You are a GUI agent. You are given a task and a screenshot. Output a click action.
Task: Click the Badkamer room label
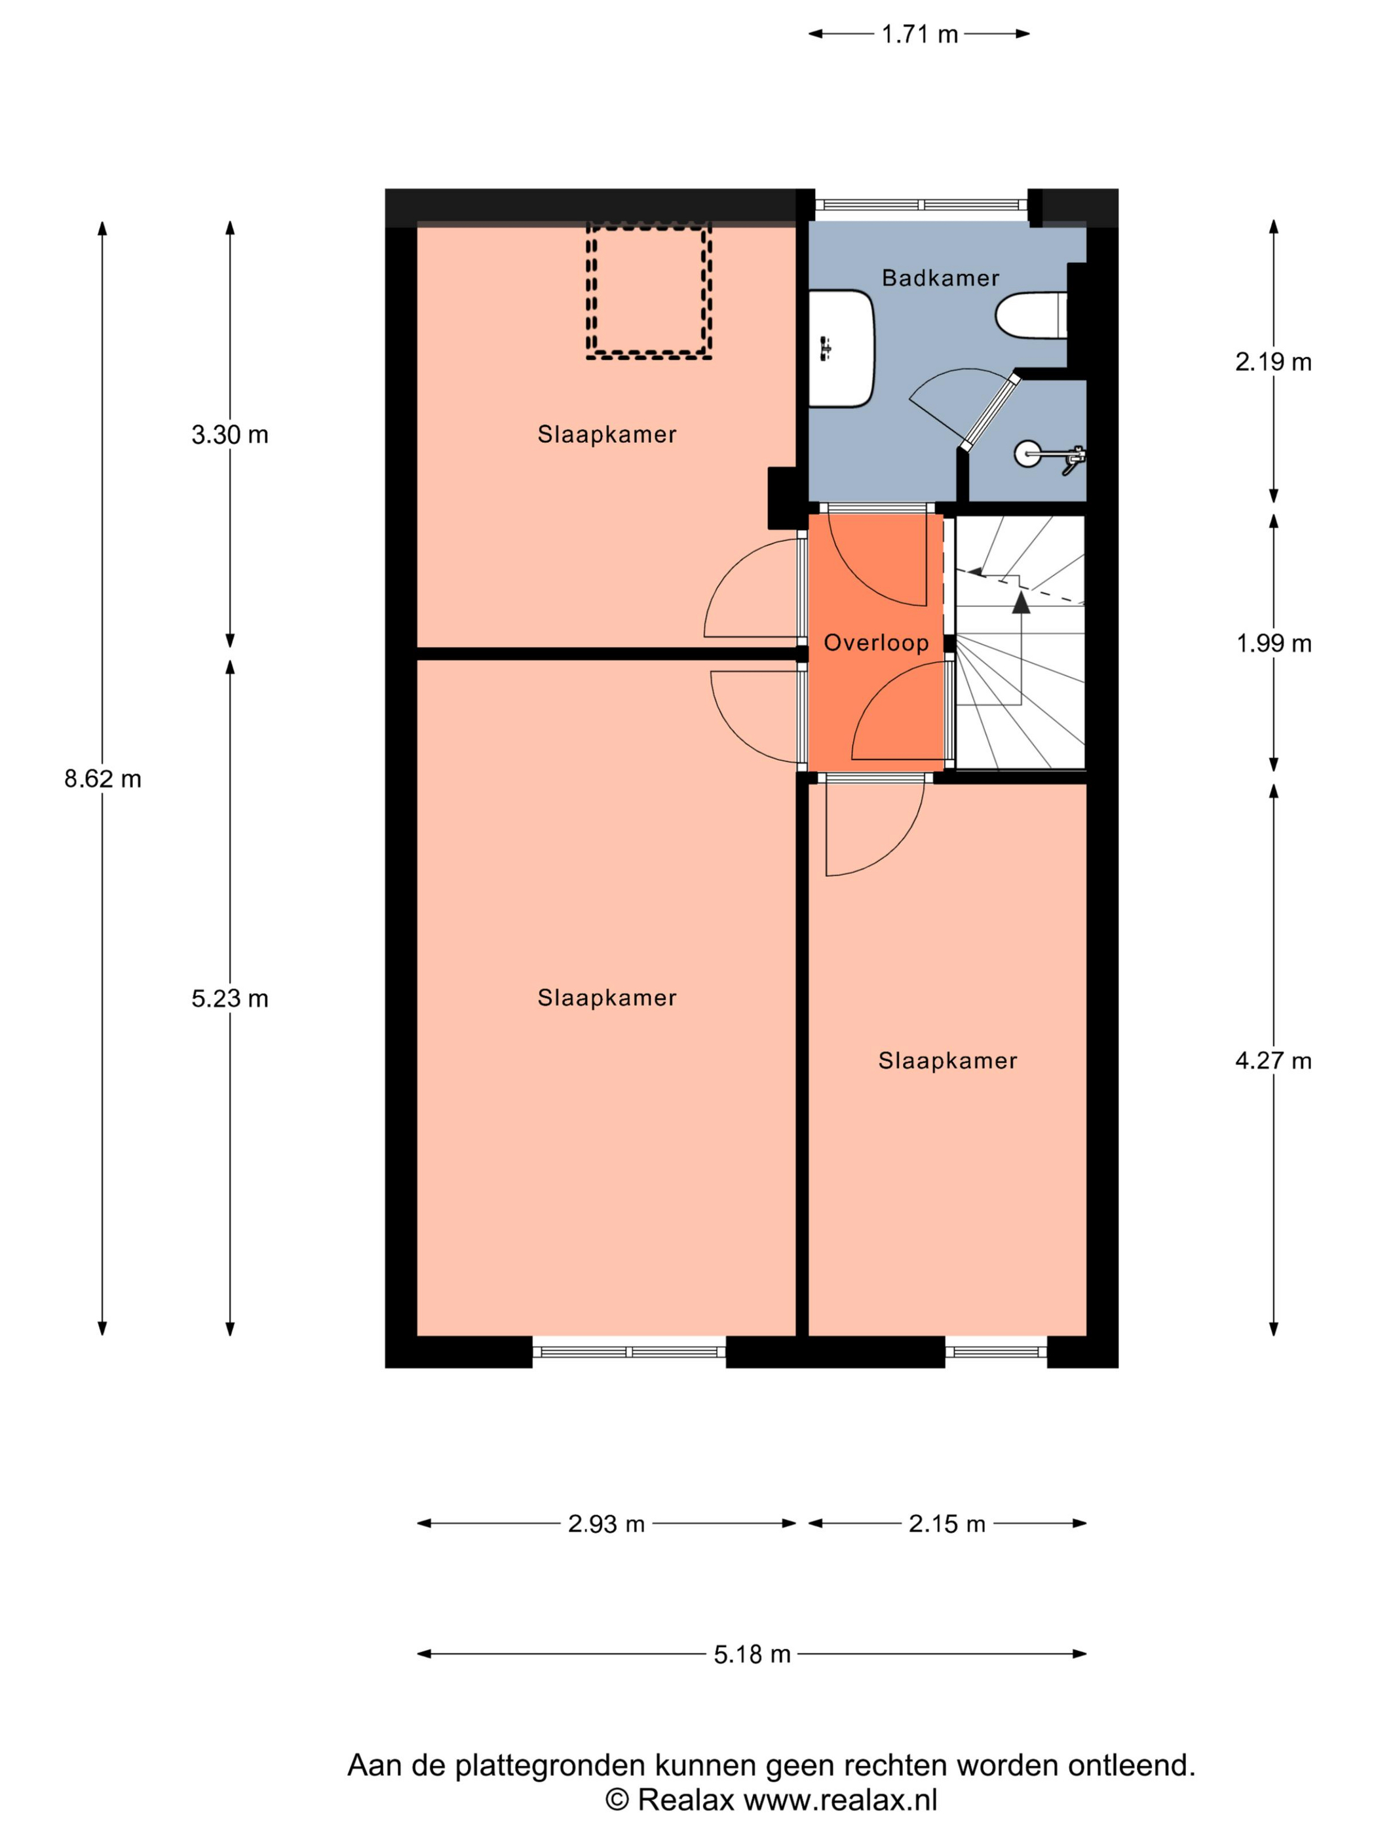(x=940, y=278)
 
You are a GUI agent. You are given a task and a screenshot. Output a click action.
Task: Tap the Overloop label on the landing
(x=876, y=643)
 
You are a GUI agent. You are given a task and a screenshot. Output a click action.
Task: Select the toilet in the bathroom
(x=1031, y=315)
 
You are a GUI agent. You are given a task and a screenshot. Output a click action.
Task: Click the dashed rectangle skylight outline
(x=649, y=290)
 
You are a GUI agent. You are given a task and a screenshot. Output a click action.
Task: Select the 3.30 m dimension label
(x=230, y=435)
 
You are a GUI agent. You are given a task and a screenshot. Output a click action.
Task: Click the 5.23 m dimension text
(x=230, y=999)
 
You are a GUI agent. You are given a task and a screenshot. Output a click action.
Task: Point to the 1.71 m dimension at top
(x=919, y=35)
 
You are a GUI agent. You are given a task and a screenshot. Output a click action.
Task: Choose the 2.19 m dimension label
(x=1273, y=362)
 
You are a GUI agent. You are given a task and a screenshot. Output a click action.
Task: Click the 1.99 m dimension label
(x=1273, y=644)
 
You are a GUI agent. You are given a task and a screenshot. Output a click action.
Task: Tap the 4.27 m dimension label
(x=1273, y=1061)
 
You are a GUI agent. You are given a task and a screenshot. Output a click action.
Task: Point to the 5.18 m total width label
(x=752, y=1655)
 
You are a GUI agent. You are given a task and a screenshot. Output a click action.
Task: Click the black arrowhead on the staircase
(x=1021, y=602)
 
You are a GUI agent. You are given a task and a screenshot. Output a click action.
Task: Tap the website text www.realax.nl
(x=840, y=1800)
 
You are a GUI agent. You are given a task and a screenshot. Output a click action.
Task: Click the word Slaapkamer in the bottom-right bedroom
(x=947, y=1061)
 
